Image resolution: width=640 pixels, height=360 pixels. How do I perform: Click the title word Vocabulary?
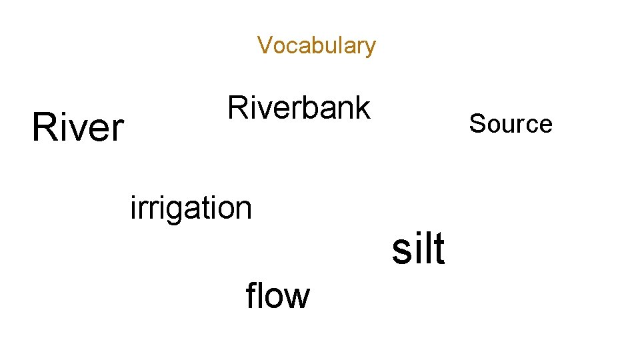pyautogui.click(x=317, y=46)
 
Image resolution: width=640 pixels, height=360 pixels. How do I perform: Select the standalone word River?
pyautogui.click(x=78, y=127)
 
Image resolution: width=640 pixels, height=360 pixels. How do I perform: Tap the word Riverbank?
pyautogui.click(x=299, y=107)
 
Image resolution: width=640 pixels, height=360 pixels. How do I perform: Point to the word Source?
pyautogui.click(x=511, y=124)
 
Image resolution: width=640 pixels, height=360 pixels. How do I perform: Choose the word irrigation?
pyautogui.click(x=191, y=208)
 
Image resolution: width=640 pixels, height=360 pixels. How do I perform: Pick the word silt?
pyautogui.click(x=418, y=249)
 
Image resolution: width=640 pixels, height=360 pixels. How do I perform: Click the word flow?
pyautogui.click(x=277, y=295)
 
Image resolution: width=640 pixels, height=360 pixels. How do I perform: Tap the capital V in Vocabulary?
pyautogui.click(x=264, y=45)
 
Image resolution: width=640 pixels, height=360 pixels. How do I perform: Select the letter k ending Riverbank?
pyautogui.click(x=363, y=107)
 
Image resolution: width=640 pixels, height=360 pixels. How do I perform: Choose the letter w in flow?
pyautogui.click(x=297, y=297)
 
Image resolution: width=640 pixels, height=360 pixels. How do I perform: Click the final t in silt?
pyautogui.click(x=438, y=249)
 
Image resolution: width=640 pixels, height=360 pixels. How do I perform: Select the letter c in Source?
pyautogui.click(x=530, y=125)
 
